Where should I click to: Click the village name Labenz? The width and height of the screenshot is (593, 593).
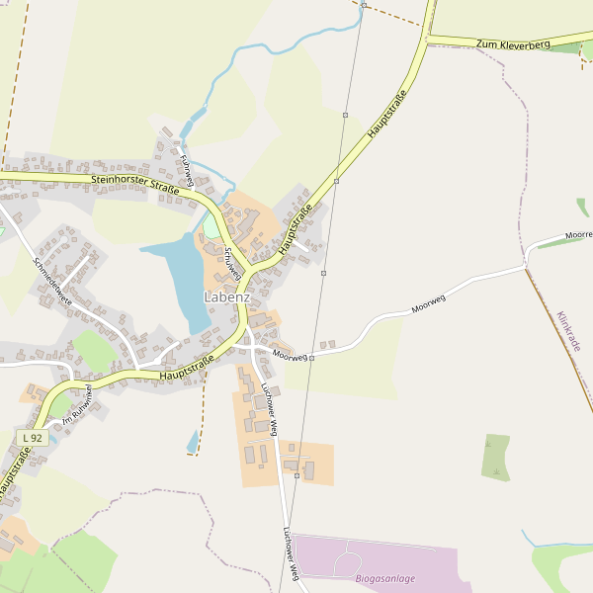(x=226, y=296)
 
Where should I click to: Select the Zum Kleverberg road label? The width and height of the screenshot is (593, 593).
(x=512, y=44)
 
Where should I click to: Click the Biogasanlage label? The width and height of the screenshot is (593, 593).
(x=385, y=578)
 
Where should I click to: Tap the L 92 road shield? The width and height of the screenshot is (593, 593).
(x=32, y=437)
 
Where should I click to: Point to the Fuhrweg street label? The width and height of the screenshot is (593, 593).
(x=187, y=168)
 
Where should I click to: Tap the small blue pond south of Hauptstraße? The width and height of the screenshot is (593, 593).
(x=193, y=443)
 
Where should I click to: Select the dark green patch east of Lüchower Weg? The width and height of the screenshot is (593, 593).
(x=496, y=457)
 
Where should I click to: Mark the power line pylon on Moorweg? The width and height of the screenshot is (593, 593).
(x=311, y=358)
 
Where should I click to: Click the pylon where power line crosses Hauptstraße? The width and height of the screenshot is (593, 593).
(x=336, y=181)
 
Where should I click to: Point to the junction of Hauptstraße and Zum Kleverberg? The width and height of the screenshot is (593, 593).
(x=427, y=39)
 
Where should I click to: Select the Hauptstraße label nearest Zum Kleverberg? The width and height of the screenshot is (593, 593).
(x=386, y=114)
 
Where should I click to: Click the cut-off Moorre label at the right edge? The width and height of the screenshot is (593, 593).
(x=578, y=235)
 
